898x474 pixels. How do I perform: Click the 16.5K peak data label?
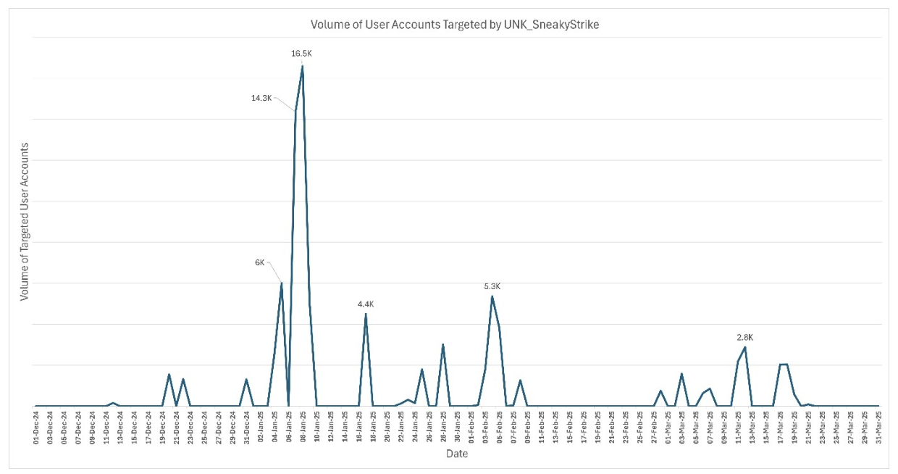click(301, 53)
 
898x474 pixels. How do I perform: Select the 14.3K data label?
click(261, 98)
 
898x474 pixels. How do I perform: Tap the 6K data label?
click(260, 263)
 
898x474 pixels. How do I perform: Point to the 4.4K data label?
click(366, 304)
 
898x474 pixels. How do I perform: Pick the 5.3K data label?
click(492, 286)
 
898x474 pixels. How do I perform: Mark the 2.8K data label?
click(745, 337)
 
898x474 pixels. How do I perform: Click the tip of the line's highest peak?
click(302, 66)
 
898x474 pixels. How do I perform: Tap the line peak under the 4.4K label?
click(366, 314)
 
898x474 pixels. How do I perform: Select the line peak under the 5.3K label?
click(492, 296)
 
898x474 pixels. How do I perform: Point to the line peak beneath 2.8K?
click(745, 347)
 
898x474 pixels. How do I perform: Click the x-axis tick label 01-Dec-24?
click(36, 428)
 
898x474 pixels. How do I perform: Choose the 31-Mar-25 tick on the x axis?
click(878, 428)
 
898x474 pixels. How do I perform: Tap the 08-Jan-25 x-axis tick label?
click(303, 428)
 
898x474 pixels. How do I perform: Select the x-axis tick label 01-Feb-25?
click(471, 428)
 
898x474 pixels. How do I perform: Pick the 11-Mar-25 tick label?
click(739, 428)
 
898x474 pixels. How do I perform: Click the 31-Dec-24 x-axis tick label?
click(247, 428)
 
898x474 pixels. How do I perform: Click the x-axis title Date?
click(456, 454)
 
